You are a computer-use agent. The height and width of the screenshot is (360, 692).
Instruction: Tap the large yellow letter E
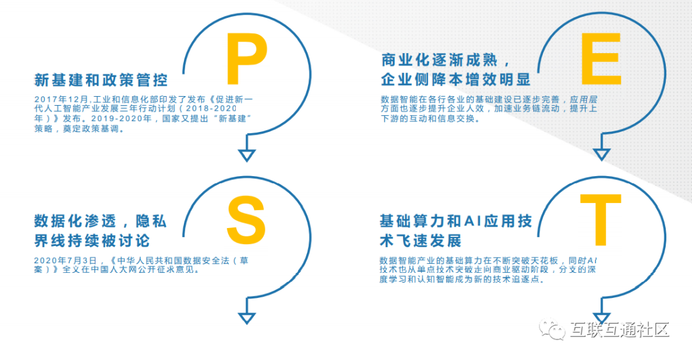[600, 59]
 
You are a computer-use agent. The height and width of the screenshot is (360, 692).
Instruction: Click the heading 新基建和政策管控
[101, 81]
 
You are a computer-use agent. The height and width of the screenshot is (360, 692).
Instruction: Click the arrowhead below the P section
[247, 155]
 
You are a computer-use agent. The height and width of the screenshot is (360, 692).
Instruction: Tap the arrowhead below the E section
[601, 154]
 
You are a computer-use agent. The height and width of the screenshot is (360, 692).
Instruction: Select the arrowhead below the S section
[247, 318]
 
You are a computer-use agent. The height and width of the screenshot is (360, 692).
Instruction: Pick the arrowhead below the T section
[601, 317]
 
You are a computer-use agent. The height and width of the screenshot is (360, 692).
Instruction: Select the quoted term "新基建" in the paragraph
[228, 119]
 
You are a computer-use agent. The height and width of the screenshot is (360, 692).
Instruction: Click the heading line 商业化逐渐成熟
[440, 61]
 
